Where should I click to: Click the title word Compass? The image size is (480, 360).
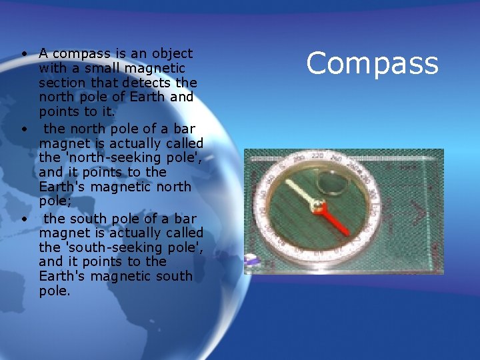point(372,64)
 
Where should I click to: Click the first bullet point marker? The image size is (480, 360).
point(23,53)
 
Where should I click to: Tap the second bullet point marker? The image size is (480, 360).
point(23,129)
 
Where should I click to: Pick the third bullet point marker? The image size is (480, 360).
point(23,219)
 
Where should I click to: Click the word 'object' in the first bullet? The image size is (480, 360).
point(172,53)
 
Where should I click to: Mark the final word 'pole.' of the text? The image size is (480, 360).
point(54,291)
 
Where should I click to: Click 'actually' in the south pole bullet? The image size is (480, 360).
point(125,233)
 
